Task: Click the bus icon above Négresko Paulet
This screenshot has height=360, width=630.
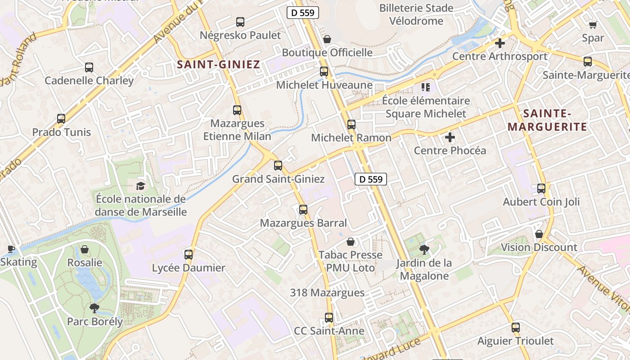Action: [x=240, y=22]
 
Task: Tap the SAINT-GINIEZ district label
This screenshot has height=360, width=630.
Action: [x=219, y=64]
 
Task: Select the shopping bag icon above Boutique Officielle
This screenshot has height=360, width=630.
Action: [x=327, y=39]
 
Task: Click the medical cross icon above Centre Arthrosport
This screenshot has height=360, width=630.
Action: [x=499, y=43]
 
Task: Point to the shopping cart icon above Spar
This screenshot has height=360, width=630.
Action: [x=593, y=25]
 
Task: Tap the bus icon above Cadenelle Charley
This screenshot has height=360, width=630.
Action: [x=89, y=67]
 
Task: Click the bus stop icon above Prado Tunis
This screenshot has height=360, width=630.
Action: [x=61, y=119]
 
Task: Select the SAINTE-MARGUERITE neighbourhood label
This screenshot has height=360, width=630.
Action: [x=547, y=120]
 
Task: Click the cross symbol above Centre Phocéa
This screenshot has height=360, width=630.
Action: [x=450, y=137]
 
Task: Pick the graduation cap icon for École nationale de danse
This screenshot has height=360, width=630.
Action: [x=141, y=186]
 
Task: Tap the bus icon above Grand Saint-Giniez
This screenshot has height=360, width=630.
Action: [x=278, y=166]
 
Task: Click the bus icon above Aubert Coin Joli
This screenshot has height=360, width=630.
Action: [x=541, y=189]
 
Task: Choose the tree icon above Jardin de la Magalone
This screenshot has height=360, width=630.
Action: [x=424, y=249]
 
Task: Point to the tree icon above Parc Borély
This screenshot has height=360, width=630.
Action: [x=94, y=308]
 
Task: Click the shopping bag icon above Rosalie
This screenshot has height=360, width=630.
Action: [x=85, y=249]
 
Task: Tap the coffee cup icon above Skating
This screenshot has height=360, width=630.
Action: [x=11, y=249]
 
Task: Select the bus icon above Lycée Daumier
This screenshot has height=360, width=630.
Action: [x=189, y=254]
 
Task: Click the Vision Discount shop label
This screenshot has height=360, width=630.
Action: [x=539, y=247]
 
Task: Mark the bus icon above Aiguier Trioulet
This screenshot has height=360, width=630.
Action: [x=516, y=328]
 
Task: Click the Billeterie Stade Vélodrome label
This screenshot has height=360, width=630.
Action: [x=416, y=14]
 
